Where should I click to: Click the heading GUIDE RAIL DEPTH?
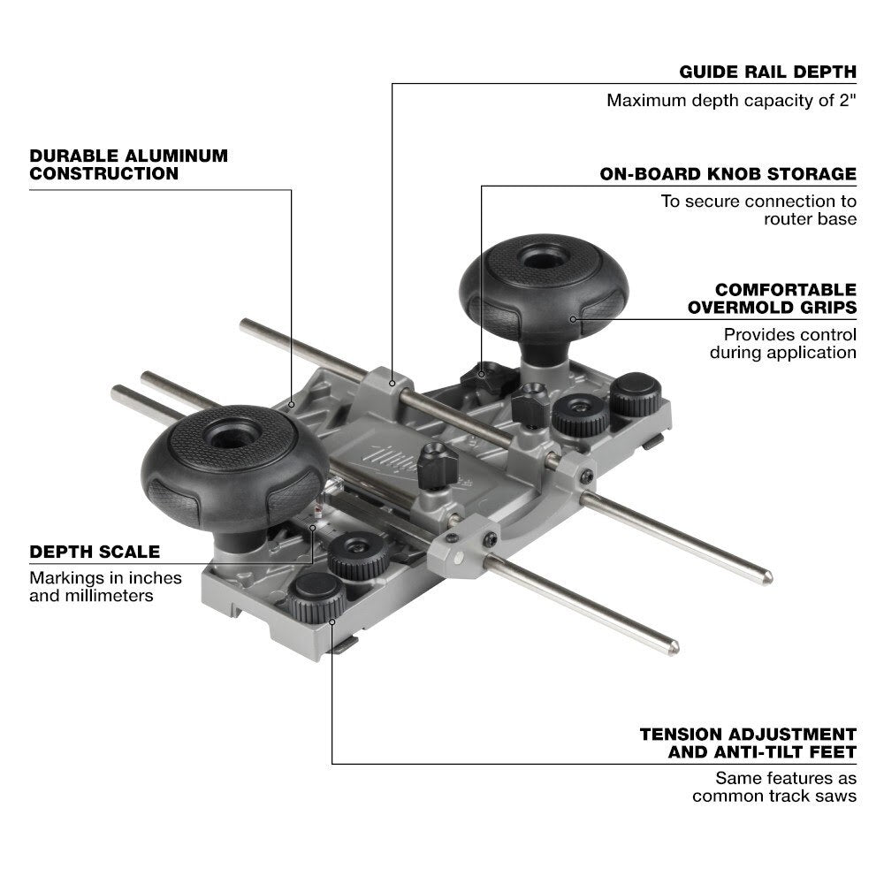pos(767,72)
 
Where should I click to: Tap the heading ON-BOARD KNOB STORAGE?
pos(728,173)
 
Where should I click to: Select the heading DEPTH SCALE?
pos(95,552)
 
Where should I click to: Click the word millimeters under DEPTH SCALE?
pos(107,596)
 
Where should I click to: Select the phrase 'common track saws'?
pos(773,796)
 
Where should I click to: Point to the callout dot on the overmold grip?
pos(573,319)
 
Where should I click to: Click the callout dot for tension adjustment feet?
pos(332,621)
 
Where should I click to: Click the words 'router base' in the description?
pos(810,218)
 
